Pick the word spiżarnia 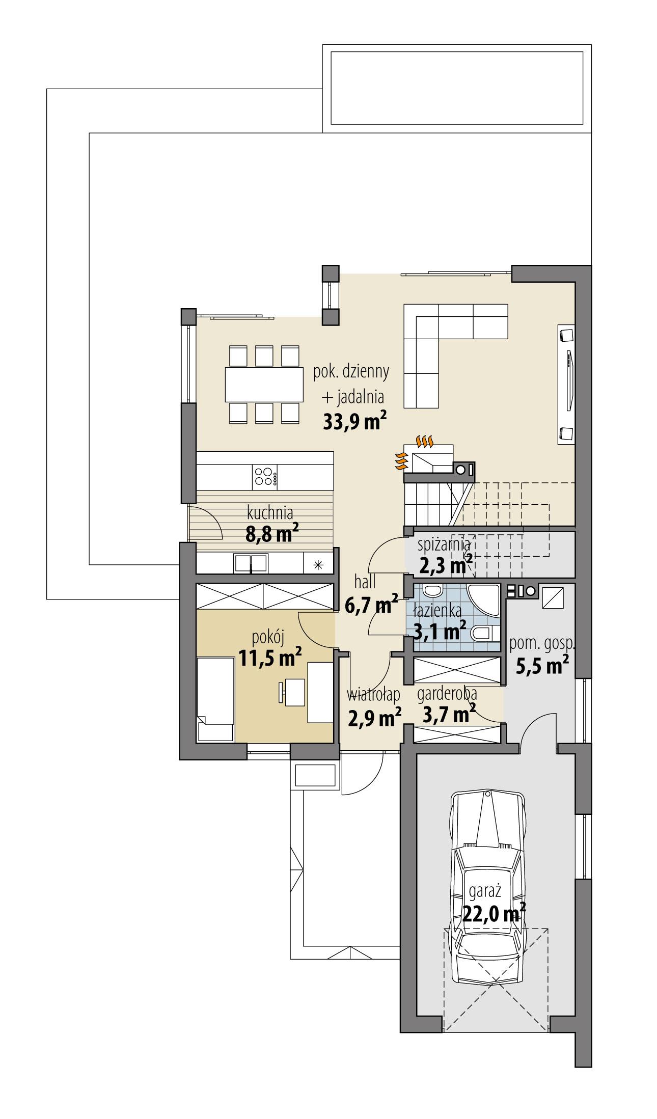click(443, 544)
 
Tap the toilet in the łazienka click(484, 634)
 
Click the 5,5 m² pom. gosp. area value click(542, 666)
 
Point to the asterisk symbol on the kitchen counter click(318, 564)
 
